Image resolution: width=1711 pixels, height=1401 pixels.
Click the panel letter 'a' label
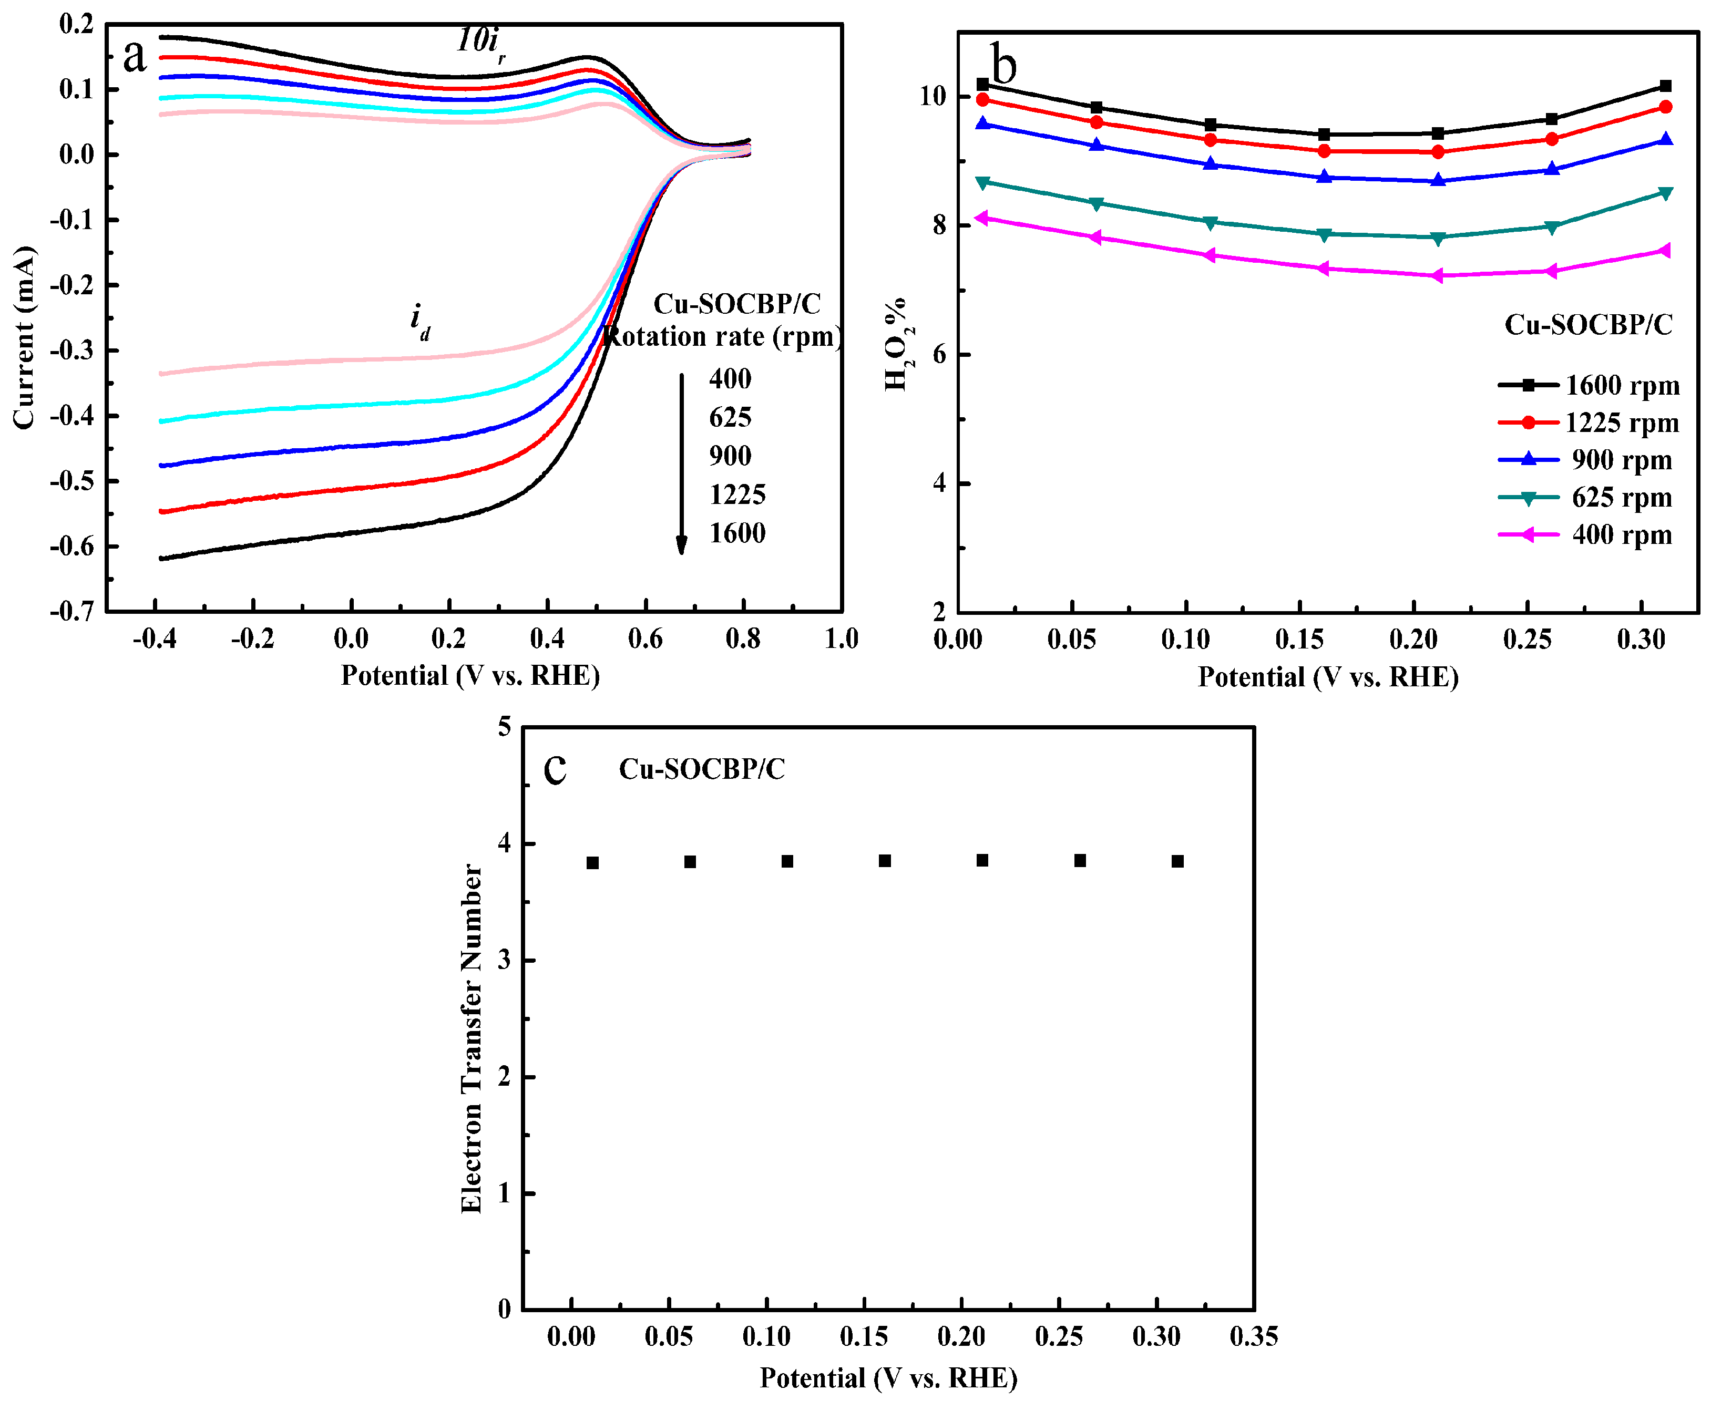point(134,57)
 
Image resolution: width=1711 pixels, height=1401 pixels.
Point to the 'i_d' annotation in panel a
point(419,321)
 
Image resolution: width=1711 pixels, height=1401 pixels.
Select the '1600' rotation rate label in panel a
point(737,533)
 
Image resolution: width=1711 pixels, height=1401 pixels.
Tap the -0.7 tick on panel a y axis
point(72,611)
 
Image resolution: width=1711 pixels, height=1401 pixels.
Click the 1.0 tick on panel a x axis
point(841,639)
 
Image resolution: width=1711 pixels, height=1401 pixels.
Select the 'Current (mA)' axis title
point(24,337)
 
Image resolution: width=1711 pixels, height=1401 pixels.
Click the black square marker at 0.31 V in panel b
point(1665,86)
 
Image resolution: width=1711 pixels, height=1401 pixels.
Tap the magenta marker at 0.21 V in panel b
point(1438,276)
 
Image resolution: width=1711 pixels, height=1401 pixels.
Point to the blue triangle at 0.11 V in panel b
point(1210,164)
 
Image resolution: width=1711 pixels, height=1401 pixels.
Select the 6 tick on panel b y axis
point(939,354)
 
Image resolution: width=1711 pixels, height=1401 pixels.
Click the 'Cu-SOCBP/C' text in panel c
point(701,769)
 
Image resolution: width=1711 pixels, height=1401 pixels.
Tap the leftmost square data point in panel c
point(592,863)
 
